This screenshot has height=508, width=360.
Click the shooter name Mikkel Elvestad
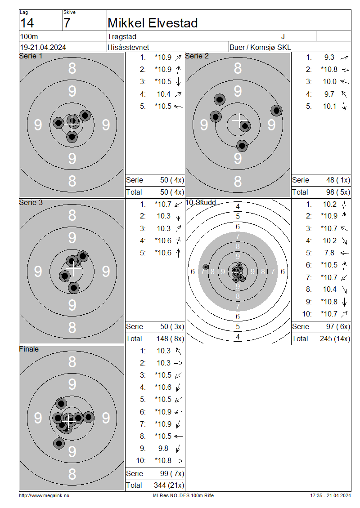point(153,23)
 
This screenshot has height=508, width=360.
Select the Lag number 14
point(27,23)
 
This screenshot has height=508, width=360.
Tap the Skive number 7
point(67,23)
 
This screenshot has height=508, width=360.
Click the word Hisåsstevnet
point(128,47)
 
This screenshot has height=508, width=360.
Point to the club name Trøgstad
point(122,36)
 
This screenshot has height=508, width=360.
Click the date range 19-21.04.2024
point(43,47)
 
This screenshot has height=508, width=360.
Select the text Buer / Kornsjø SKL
point(260,47)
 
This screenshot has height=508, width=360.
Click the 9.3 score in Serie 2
point(329,58)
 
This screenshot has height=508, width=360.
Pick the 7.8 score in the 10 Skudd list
point(329,253)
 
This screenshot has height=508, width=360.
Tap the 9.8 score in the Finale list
point(163,448)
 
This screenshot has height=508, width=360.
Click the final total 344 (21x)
point(169,486)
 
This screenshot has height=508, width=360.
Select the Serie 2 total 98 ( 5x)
point(338,192)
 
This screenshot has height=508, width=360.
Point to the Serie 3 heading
point(31,202)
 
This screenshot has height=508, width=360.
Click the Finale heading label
point(29,349)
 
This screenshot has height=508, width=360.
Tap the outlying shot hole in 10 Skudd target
point(205,267)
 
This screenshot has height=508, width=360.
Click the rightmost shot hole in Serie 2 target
point(276,111)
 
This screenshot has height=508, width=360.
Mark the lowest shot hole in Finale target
point(58,443)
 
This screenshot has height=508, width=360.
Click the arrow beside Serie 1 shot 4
point(178,94)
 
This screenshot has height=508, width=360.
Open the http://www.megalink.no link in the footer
point(44,495)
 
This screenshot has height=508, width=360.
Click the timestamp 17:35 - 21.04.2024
point(330,495)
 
